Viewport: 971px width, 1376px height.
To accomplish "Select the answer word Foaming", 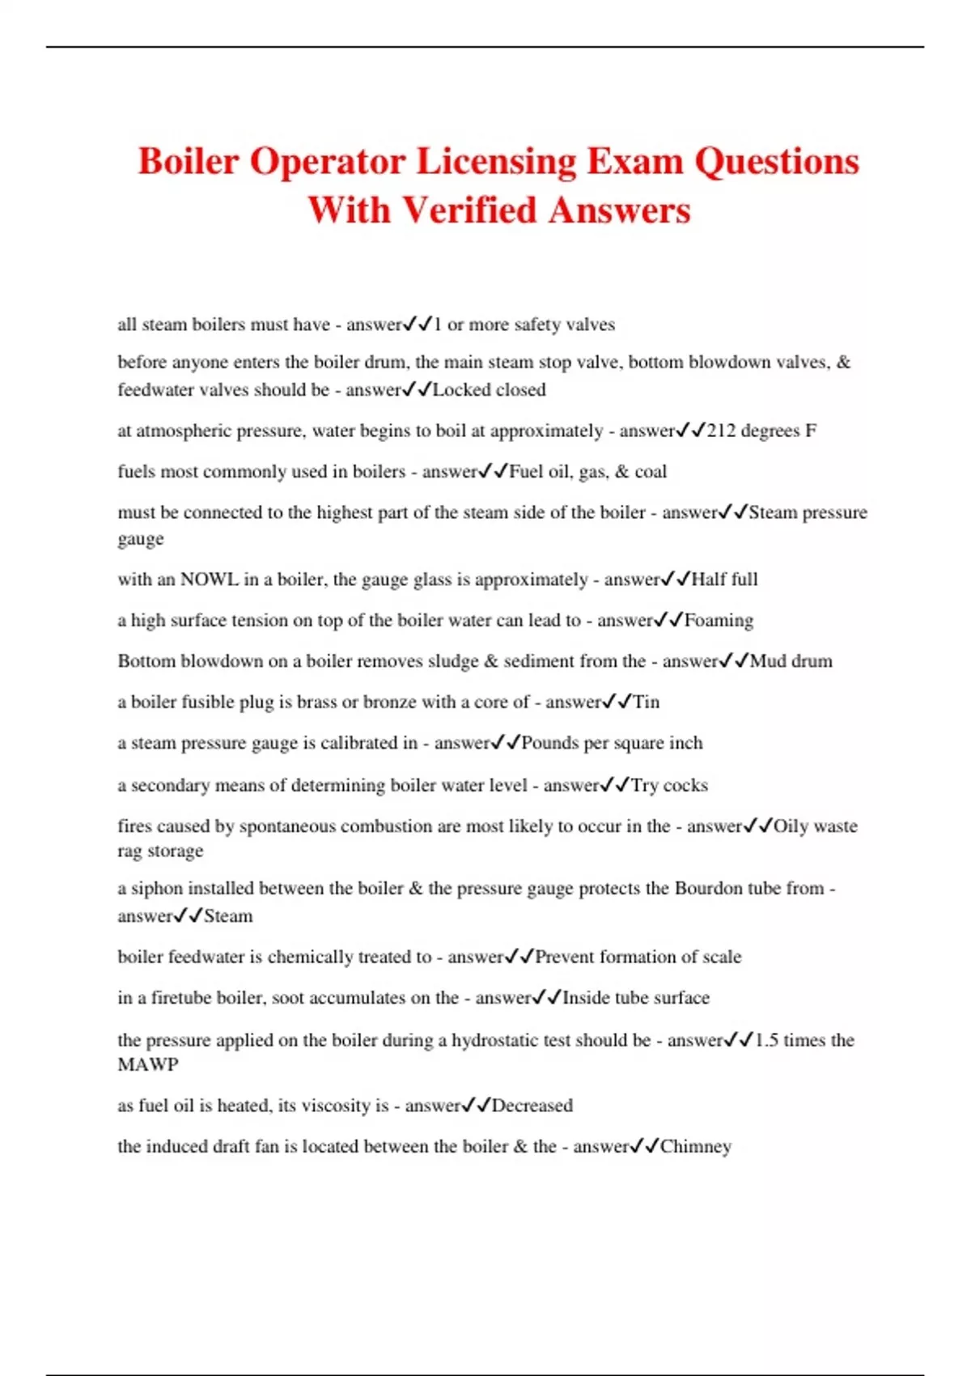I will coord(719,621).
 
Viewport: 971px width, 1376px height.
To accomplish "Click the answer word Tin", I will coord(647,702).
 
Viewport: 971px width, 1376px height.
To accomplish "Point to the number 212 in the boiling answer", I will coord(722,431).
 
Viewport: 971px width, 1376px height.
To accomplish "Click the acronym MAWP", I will coord(147,1065).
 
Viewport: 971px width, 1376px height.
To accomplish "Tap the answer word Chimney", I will coord(696,1147).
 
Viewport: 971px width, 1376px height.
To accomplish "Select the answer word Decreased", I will coord(532,1106).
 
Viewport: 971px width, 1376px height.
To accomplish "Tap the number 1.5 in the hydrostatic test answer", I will coord(766,1040).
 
